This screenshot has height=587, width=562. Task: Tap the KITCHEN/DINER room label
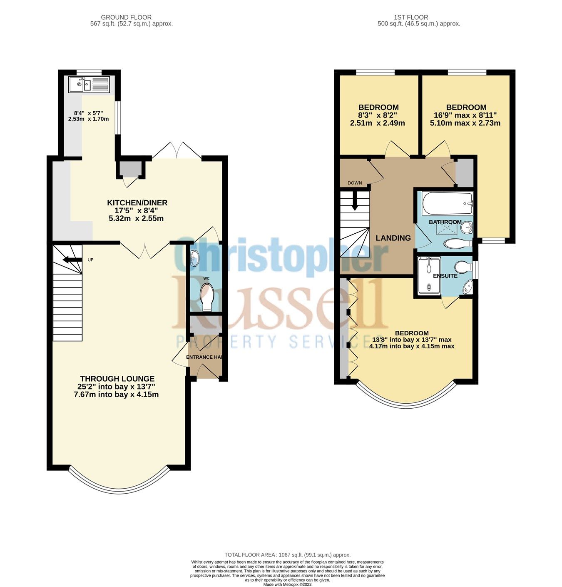[x=137, y=203]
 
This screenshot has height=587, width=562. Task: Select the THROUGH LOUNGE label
[x=117, y=379]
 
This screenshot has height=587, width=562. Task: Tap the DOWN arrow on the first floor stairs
[x=355, y=201]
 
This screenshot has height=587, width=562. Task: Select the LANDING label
[x=393, y=238]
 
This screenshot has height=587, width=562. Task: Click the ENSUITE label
[x=445, y=276]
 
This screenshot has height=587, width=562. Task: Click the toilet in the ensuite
[x=462, y=266]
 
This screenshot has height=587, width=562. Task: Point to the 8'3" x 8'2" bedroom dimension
[x=378, y=115]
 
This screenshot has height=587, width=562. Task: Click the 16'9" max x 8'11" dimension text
[x=465, y=115]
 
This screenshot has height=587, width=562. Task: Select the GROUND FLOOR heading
[x=126, y=17]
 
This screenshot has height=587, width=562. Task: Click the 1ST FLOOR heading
[x=411, y=17]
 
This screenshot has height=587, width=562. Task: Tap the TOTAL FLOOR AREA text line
[x=287, y=555]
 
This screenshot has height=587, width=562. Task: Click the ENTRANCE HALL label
[x=204, y=357]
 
